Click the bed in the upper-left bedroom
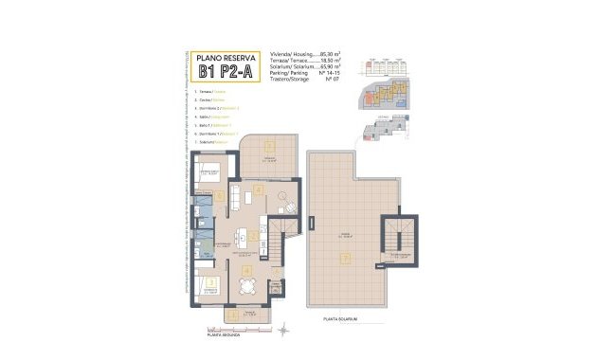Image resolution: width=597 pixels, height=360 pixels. [x=209, y=172]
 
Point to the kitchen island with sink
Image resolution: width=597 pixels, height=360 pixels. [x=247, y=233]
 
